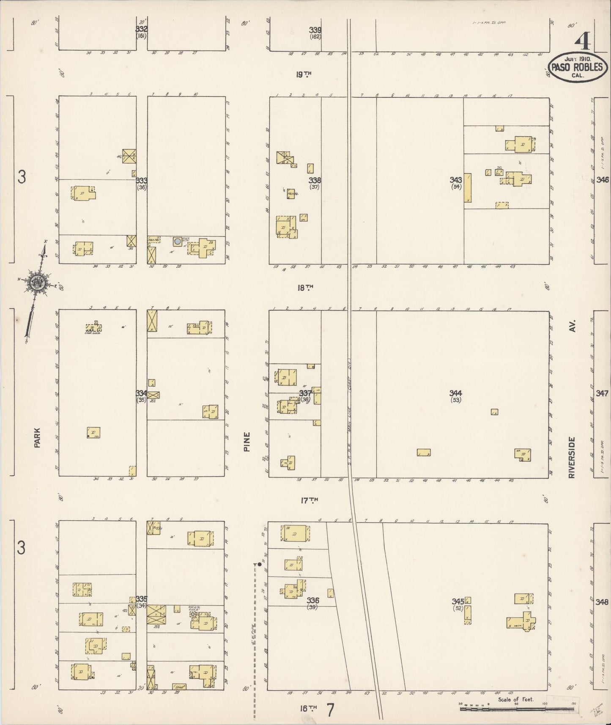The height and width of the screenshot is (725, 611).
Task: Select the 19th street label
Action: point(304,74)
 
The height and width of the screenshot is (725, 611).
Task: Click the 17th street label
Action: point(309,500)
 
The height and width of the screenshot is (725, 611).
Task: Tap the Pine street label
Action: point(247,441)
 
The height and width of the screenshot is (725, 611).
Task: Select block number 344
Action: point(455,393)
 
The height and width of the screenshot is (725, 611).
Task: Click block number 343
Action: point(455,180)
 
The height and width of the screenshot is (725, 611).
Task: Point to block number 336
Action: point(313,600)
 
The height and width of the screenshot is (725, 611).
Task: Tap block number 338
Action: point(315,180)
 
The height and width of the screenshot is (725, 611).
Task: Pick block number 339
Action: point(315,30)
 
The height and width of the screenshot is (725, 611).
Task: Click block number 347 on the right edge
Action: point(603,393)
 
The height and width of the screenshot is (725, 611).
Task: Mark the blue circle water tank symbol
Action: point(178,241)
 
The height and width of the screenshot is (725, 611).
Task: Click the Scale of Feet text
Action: point(515,699)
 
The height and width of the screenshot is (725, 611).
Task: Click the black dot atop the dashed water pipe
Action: point(260,564)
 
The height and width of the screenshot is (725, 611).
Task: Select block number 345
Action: point(458,601)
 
